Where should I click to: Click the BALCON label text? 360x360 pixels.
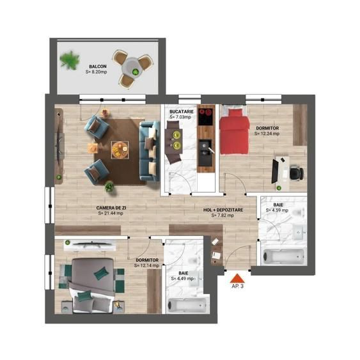click(98, 66)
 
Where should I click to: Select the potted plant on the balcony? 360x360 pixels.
click(67, 61)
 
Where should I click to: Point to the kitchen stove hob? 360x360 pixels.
click(206, 116)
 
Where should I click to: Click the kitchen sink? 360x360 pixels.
click(205, 149)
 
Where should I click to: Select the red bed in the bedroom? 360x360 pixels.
click(234, 132)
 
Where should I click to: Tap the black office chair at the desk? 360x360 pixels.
click(295, 171)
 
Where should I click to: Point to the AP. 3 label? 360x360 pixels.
click(237, 286)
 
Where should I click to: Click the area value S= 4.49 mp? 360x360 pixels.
click(183, 279)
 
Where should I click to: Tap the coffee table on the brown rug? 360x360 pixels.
click(119, 148)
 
